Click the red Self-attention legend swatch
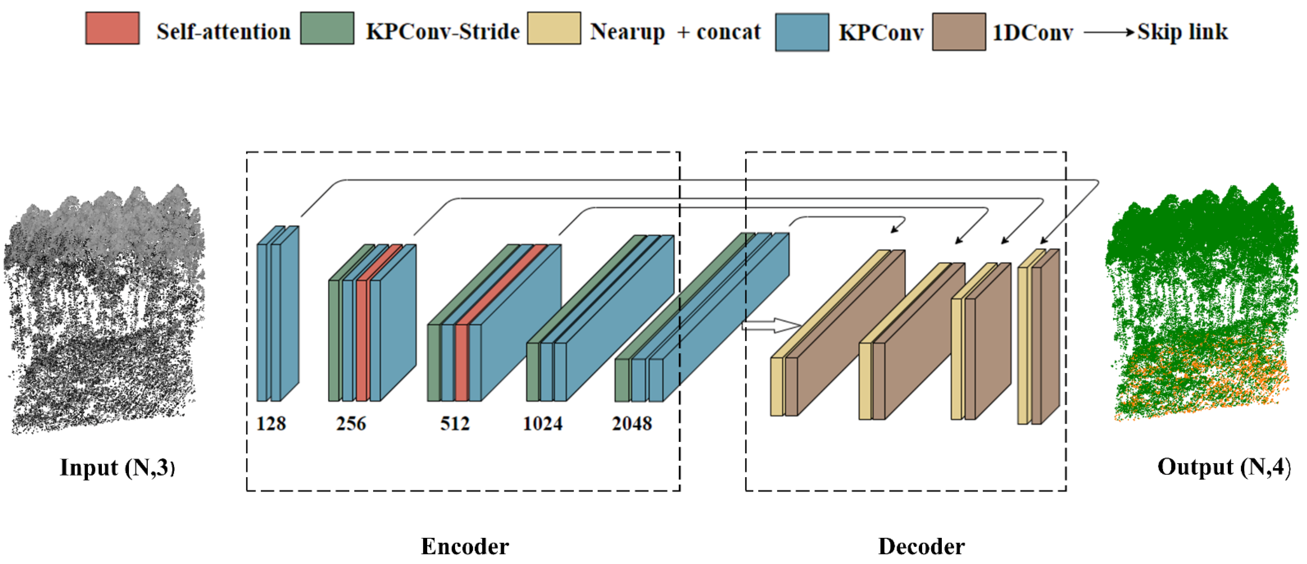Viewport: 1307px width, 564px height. pos(112,29)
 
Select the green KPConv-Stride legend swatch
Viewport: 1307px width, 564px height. pos(327,29)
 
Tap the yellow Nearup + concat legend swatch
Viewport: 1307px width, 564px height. pos(554,29)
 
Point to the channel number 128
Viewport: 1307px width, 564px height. pos(271,423)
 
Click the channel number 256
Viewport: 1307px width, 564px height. pos(351,423)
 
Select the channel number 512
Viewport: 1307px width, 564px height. pos(454,423)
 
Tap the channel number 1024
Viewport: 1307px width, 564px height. pos(543,423)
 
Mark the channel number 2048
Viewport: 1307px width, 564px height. pos(632,423)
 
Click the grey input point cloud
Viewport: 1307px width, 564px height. pos(104,310)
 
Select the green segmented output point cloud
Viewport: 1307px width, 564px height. pos(1202,305)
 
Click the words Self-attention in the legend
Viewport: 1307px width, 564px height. pos(223,32)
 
